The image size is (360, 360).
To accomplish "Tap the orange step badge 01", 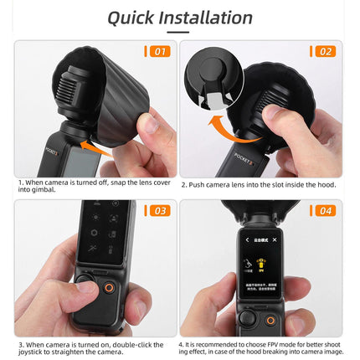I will [158, 51].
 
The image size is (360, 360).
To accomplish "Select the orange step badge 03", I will [158, 210].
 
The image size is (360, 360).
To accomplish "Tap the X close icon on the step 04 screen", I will [274, 239].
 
